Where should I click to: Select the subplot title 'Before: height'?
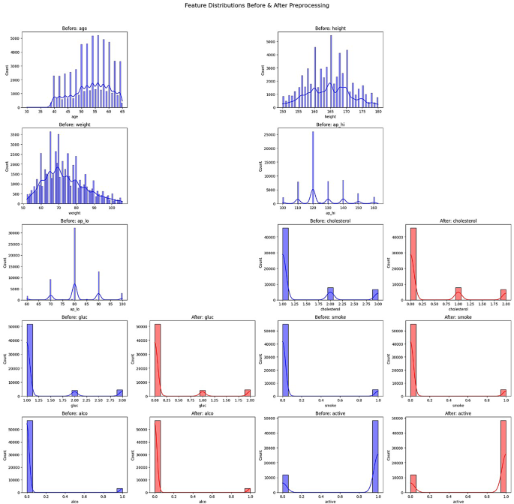(x=330, y=29)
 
